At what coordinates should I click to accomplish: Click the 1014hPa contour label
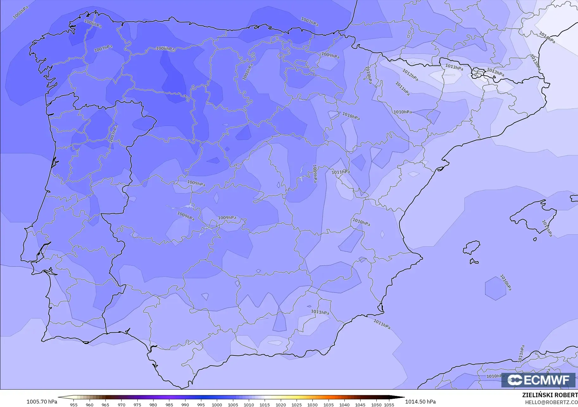[547, 38]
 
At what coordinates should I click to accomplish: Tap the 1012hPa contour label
[410, 75]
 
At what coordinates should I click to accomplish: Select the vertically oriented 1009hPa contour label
[315, 173]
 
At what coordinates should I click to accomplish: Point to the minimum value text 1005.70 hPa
[42, 402]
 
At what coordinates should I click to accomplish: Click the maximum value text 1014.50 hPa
[420, 402]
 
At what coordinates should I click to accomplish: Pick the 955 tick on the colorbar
[73, 404]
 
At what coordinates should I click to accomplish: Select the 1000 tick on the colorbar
[217, 404]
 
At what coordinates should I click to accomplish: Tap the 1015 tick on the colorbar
[265, 404]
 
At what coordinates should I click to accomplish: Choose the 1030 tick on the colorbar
[312, 404]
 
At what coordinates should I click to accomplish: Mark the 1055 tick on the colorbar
[389, 404]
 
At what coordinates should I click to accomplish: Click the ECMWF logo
[538, 380]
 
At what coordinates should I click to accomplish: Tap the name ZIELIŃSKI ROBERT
[550, 395]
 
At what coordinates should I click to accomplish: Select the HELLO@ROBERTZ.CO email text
[551, 402]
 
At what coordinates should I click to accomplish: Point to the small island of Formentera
[474, 261]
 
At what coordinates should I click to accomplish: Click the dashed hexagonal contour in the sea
[495, 288]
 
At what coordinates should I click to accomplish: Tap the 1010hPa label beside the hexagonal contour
[506, 282]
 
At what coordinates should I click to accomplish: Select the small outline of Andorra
[477, 73]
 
